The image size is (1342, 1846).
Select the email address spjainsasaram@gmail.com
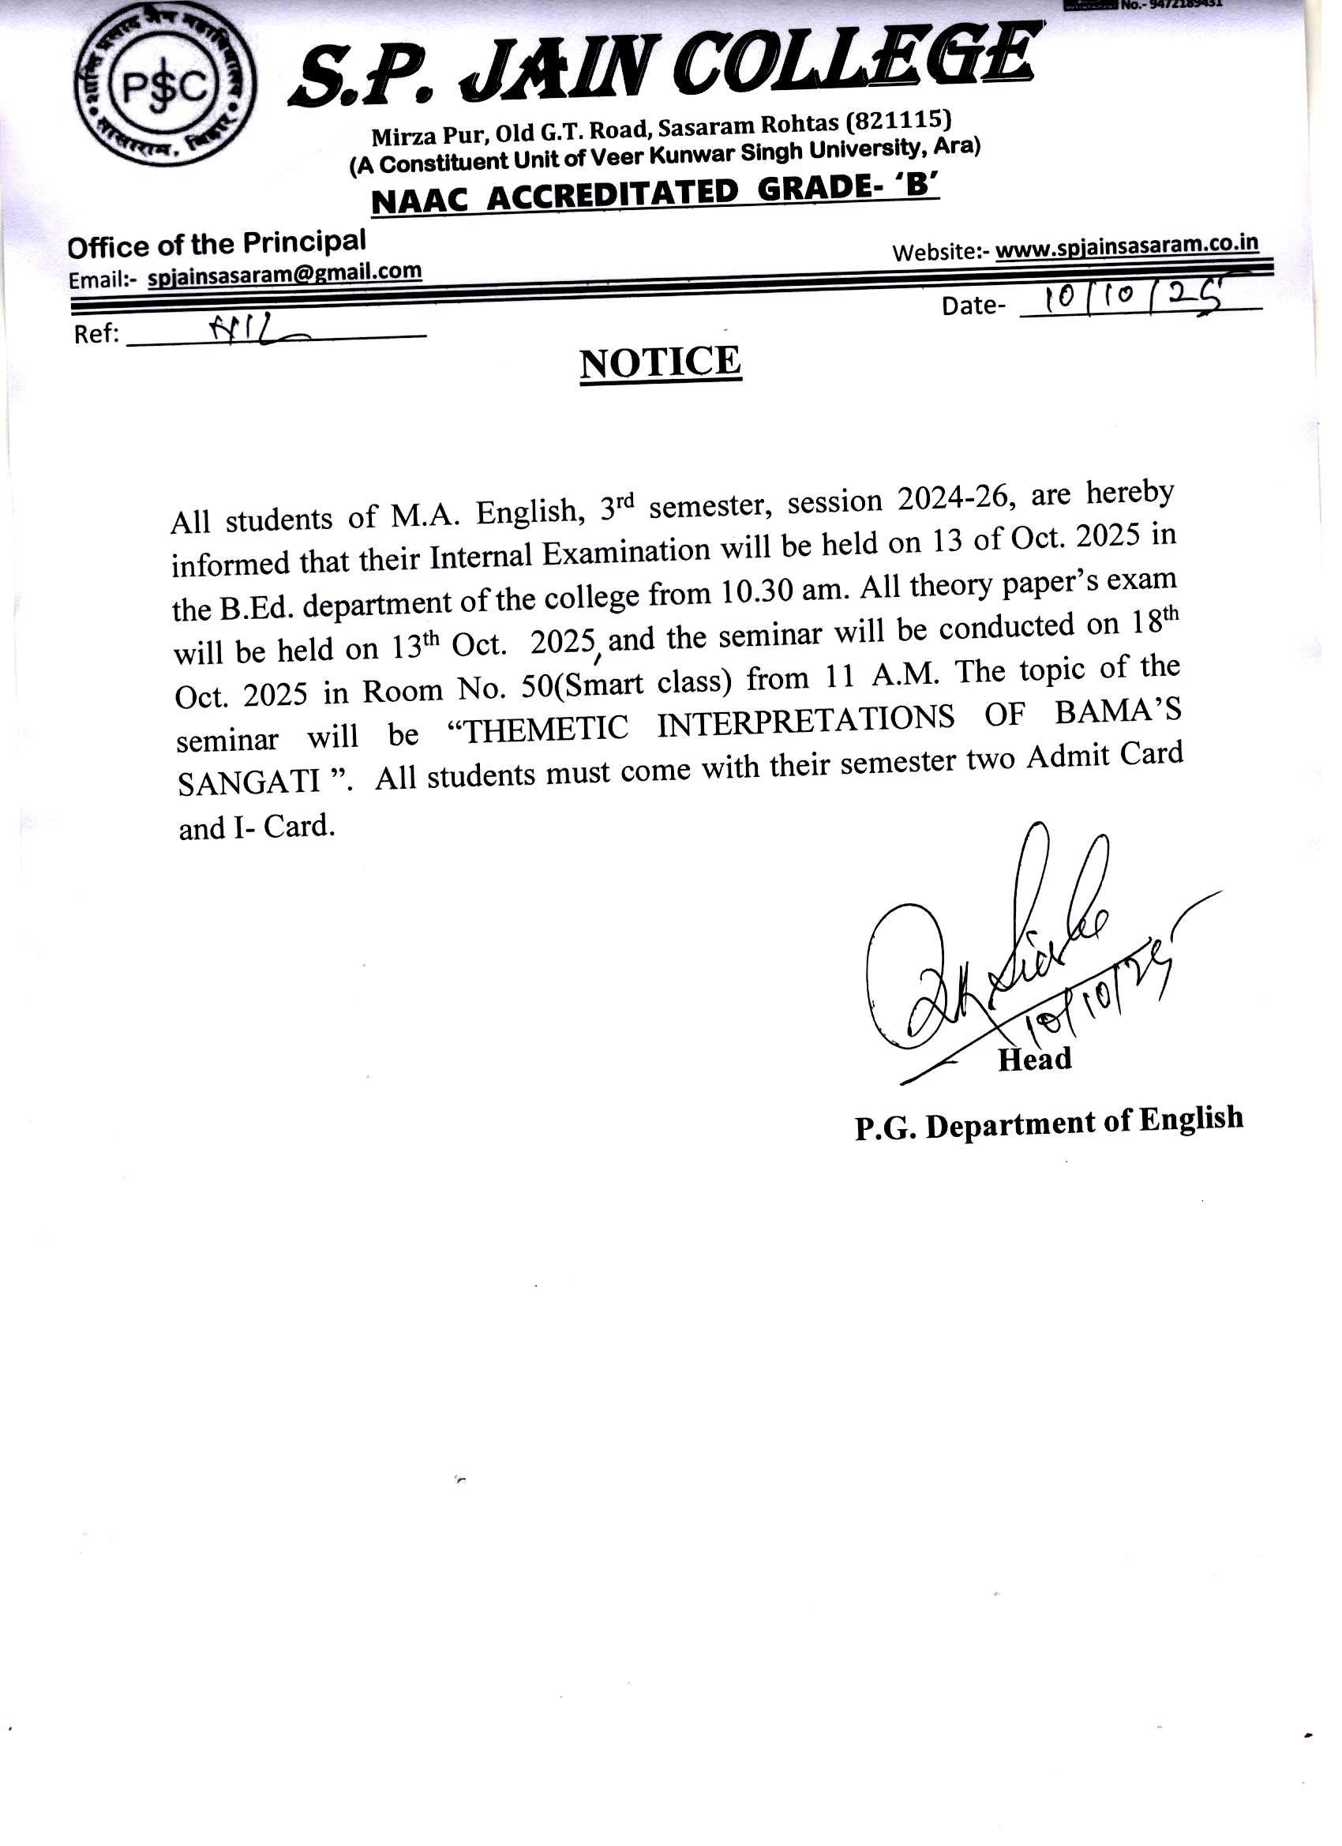pos(284,272)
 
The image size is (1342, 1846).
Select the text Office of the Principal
pos(216,243)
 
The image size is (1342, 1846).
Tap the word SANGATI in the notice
pos(249,782)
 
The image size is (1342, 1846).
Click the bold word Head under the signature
pos(1034,1059)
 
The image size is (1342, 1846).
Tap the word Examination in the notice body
pos(627,553)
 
